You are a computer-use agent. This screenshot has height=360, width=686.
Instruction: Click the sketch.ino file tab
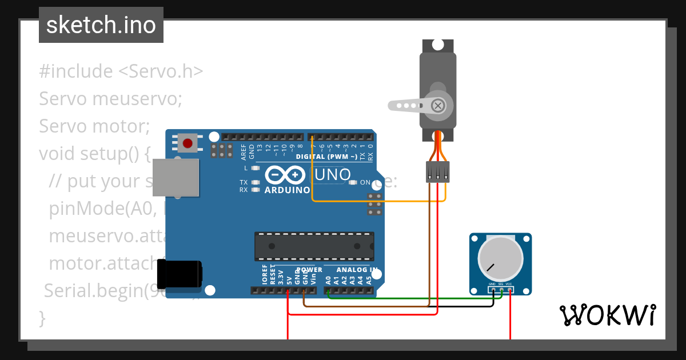pos(101,25)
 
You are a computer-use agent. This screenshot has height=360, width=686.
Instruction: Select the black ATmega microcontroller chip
pos(314,246)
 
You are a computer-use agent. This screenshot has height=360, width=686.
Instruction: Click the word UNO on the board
pos(330,174)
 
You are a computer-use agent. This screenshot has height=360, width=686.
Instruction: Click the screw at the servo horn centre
pos(438,105)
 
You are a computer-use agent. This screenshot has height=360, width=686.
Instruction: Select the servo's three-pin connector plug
pos(438,171)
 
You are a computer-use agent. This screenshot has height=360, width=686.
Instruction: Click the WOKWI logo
pos(607,315)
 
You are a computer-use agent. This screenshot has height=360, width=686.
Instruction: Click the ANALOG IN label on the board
pos(357,270)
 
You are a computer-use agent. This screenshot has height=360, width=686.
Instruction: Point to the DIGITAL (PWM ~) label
pos(326,157)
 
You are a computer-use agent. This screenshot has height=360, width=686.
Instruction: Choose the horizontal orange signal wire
pos(377,201)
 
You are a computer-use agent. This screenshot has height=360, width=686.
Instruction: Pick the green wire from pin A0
pos(412,297)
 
